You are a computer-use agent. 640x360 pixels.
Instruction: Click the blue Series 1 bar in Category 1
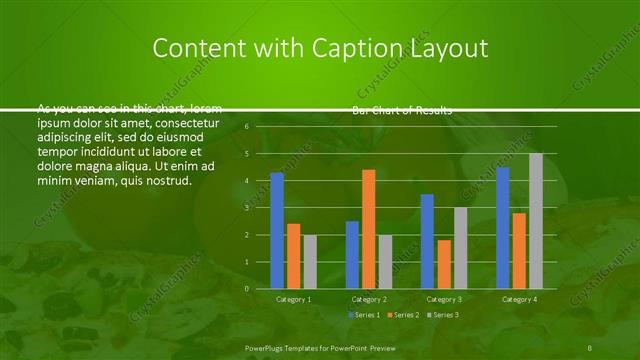pyautogui.click(x=277, y=230)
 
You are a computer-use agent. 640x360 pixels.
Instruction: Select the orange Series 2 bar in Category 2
pyautogui.click(x=369, y=228)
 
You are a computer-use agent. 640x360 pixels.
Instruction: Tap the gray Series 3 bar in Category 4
pyautogui.click(x=536, y=220)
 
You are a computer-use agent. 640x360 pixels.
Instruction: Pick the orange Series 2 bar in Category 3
pyautogui.click(x=444, y=264)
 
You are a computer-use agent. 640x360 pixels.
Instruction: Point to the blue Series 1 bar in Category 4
pyautogui.click(x=503, y=228)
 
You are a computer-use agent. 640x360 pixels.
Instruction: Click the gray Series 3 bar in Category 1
pyautogui.click(x=310, y=261)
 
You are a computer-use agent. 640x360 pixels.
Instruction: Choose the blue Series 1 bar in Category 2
pyautogui.click(x=352, y=254)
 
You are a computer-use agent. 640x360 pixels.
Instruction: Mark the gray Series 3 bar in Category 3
pyautogui.click(x=460, y=248)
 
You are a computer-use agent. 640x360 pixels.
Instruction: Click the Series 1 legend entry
pyautogui.click(x=363, y=315)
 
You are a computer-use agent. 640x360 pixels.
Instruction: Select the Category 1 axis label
pyautogui.click(x=293, y=299)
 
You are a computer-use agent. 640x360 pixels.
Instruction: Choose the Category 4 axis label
pyautogui.click(x=519, y=299)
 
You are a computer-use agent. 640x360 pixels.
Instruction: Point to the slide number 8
pyautogui.click(x=591, y=345)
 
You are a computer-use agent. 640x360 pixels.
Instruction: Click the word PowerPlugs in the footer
pyautogui.click(x=266, y=345)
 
